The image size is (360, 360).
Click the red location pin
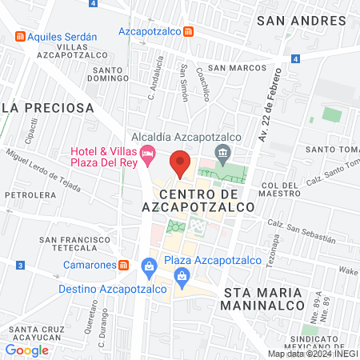coord(180,164)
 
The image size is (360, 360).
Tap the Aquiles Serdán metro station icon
coord(19,37)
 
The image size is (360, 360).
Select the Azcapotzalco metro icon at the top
coord(187,32)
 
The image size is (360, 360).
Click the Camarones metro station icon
coord(123,265)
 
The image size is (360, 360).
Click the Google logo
coord(26,350)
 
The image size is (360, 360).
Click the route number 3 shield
coord(19,265)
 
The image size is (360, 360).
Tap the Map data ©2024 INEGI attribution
coord(311,354)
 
